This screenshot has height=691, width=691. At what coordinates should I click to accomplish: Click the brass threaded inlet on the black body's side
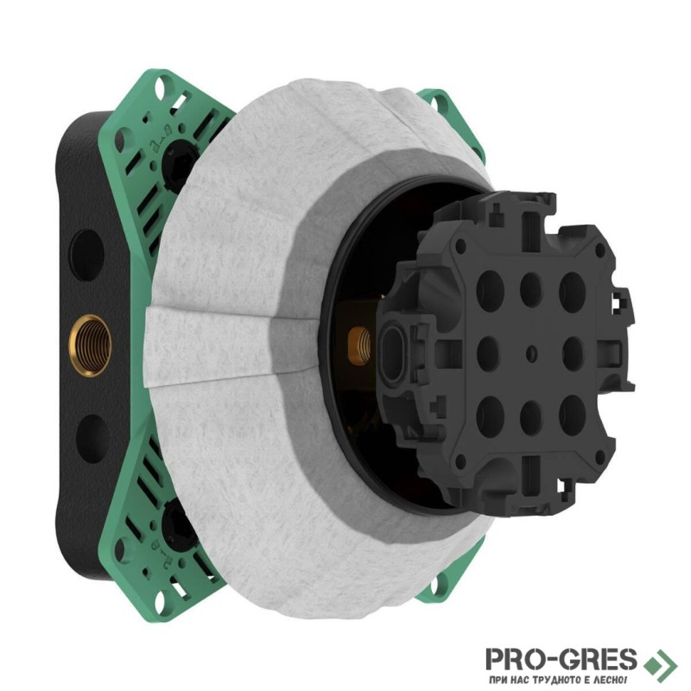point(92,345)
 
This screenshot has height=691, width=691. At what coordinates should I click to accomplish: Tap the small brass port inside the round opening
point(359,345)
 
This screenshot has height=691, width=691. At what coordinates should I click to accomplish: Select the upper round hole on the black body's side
point(86,255)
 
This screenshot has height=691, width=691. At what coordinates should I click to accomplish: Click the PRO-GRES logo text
point(561,659)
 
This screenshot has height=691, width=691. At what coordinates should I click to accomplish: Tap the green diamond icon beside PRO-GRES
point(660,664)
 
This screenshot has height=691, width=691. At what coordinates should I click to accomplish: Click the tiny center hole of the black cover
point(532,353)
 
